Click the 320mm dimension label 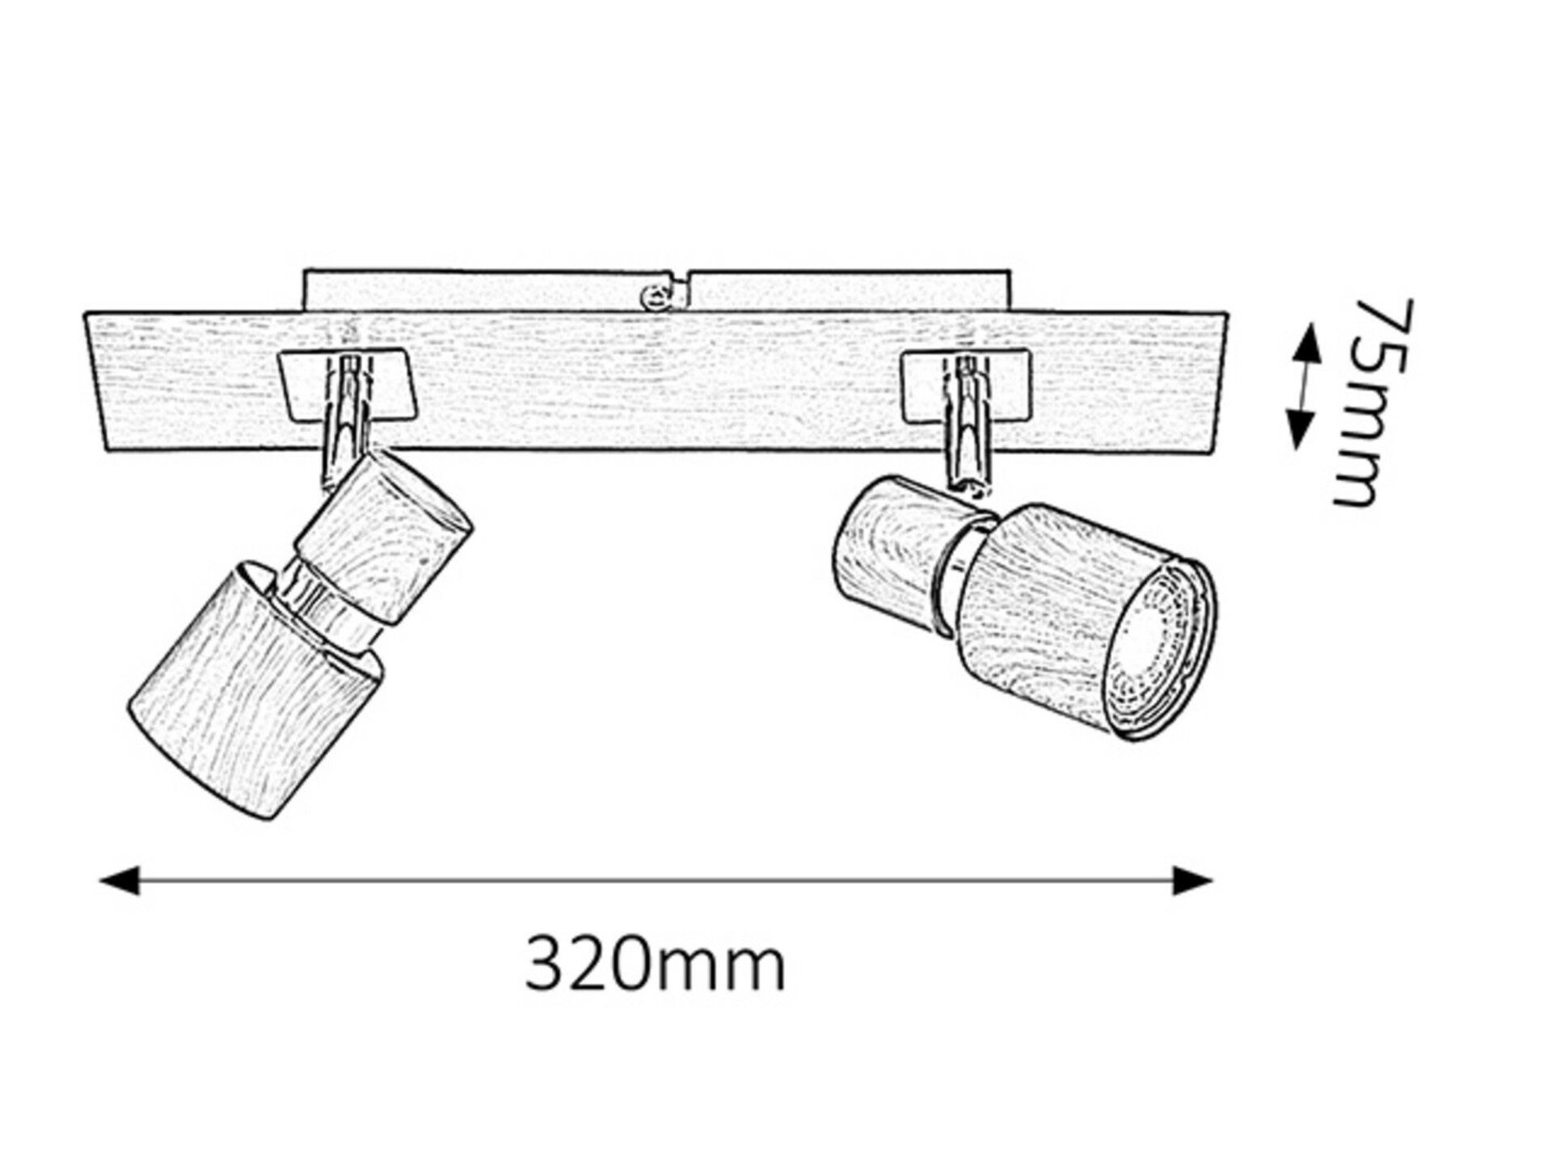point(655,964)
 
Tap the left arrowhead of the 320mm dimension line point(119,880)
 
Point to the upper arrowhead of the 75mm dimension point(1305,341)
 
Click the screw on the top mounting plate point(654,297)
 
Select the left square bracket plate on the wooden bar point(348,386)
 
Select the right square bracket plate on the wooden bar point(966,386)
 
